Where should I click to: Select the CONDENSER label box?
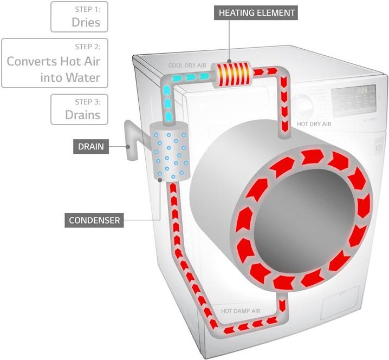(x=94, y=220)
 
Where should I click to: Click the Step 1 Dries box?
(x=79, y=17)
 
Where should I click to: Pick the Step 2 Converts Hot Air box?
(x=55, y=63)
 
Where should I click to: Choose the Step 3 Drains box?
(x=79, y=109)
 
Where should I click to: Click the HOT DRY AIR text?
(x=314, y=124)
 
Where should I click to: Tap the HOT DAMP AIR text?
(x=241, y=311)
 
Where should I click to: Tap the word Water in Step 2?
(x=82, y=77)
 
